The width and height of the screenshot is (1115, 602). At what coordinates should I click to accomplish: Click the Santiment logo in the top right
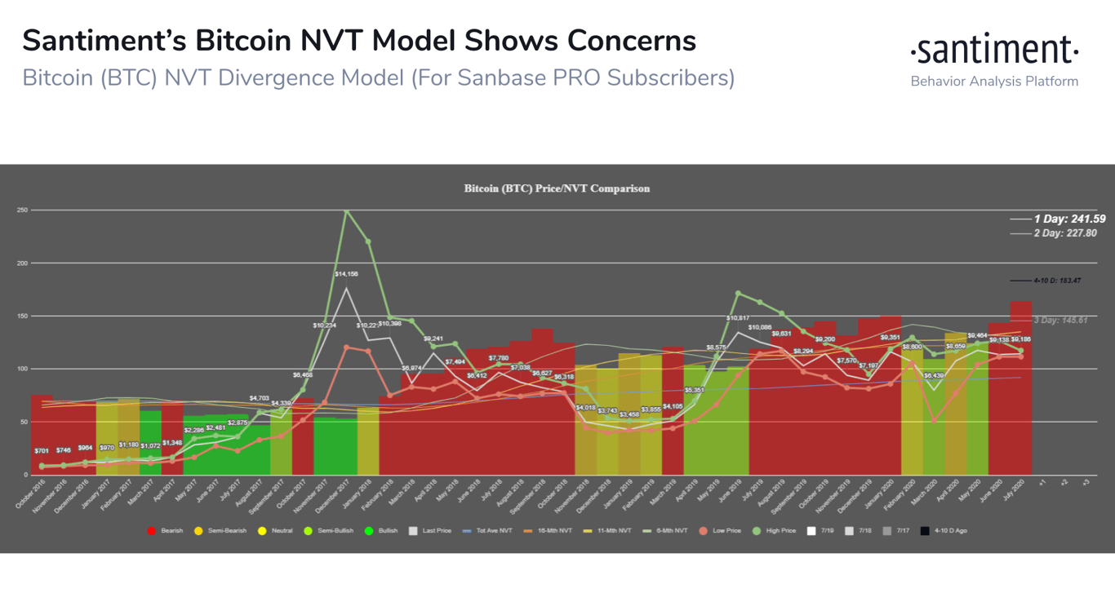(994, 51)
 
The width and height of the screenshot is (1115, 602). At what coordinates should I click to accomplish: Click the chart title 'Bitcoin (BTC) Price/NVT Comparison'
(557, 188)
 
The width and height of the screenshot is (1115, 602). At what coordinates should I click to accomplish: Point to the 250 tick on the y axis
(22, 210)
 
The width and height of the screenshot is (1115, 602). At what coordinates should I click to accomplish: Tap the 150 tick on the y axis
(22, 316)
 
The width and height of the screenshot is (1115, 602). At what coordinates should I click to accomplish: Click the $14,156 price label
(346, 274)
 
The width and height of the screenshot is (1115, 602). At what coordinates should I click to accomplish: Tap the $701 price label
(42, 450)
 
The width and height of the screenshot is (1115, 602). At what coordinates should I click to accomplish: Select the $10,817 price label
(738, 318)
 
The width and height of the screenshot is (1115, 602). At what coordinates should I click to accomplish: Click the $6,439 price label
(934, 375)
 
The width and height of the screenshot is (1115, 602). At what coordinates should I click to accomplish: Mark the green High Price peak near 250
(347, 211)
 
